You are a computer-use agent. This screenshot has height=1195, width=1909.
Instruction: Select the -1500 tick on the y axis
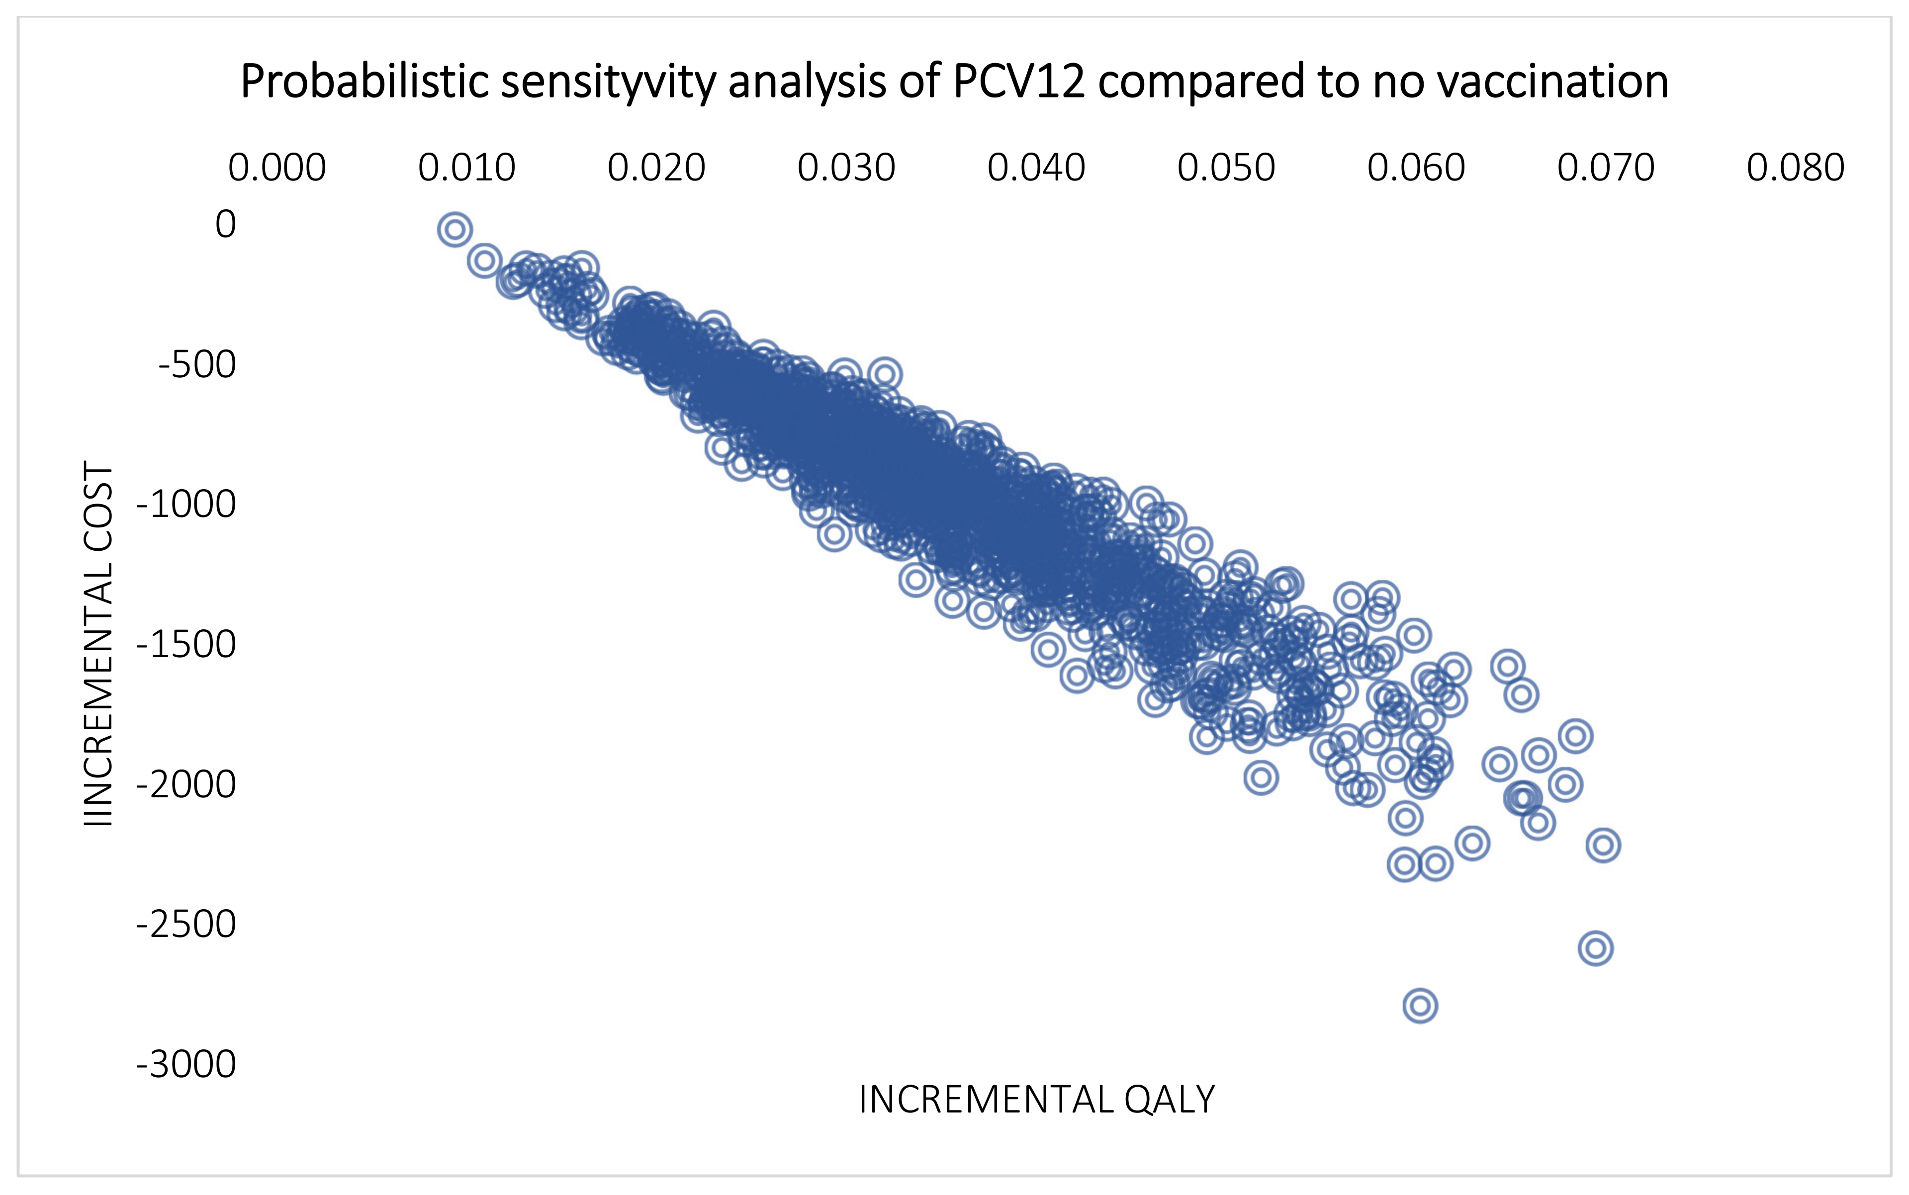click(x=186, y=644)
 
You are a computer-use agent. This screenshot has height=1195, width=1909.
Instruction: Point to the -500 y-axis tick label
click(x=197, y=364)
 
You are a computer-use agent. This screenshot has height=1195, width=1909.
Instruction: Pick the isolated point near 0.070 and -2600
click(x=1595, y=947)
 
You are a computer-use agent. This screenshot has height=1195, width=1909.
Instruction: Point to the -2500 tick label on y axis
click(x=186, y=924)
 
